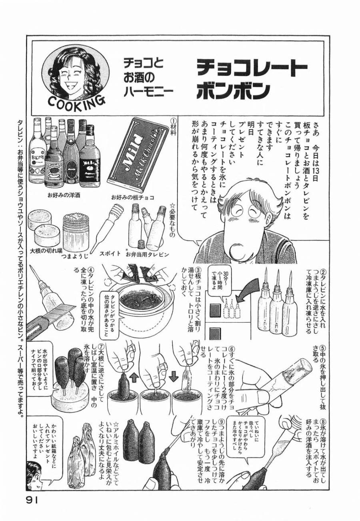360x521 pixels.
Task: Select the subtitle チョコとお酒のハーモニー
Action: click(148, 79)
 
